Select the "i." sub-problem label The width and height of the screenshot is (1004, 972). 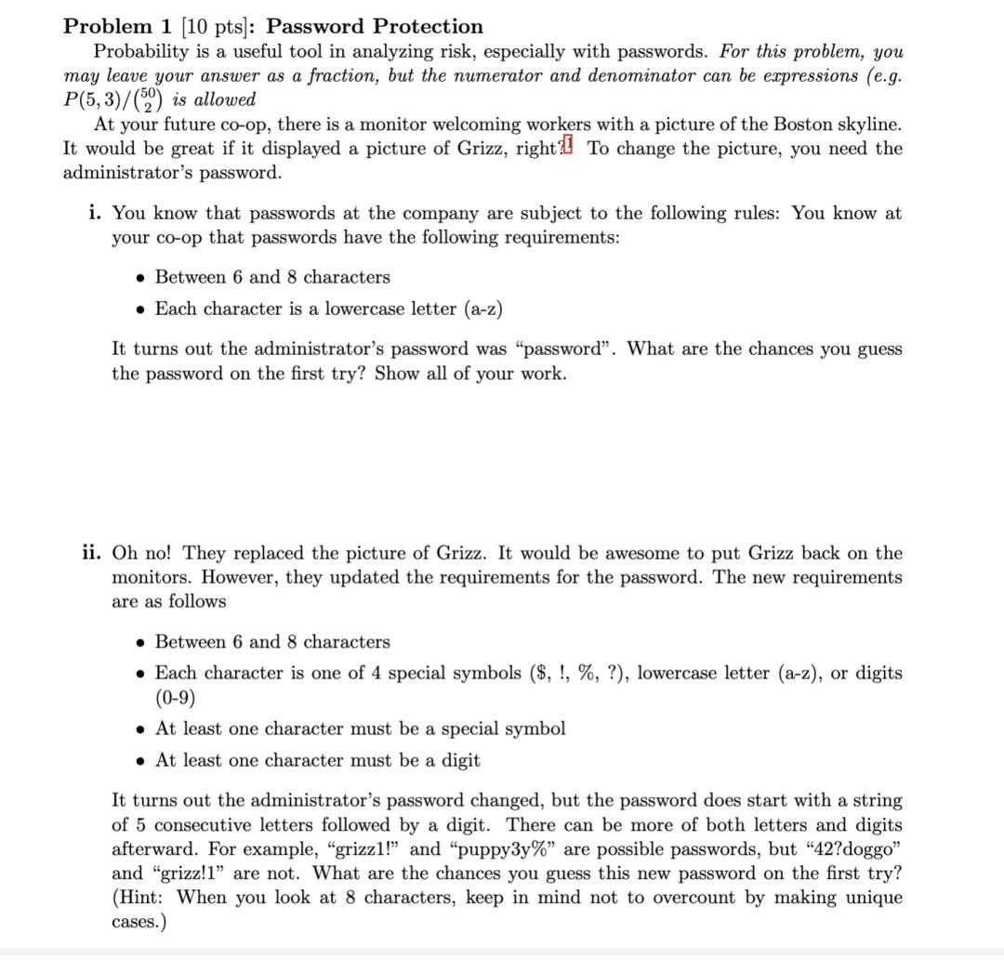pos(96,213)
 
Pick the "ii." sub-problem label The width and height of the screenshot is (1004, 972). pos(92,553)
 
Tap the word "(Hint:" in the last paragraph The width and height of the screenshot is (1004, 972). pos(139,897)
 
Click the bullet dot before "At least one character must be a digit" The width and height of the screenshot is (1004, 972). pos(139,760)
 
